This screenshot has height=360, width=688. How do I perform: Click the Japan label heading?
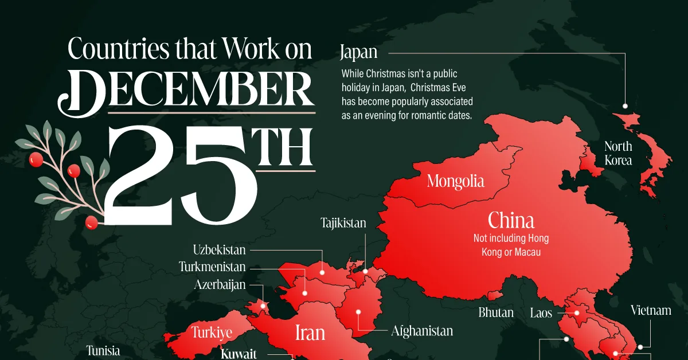coord(358,53)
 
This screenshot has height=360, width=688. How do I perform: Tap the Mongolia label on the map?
coord(456,182)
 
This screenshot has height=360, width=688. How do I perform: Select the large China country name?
coord(511,221)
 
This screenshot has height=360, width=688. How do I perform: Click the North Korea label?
coord(618,154)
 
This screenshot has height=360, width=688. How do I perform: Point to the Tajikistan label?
coord(343,223)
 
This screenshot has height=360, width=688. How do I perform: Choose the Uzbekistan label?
coord(219,250)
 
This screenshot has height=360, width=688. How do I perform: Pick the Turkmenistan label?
coord(212,267)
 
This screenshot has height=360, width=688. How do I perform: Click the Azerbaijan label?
coord(220,284)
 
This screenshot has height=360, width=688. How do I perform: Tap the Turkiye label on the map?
coord(212,332)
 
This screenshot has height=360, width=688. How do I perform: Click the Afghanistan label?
coord(422,331)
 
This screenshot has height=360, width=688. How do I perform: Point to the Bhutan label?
coord(496,313)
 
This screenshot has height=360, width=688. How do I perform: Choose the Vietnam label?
coord(651,311)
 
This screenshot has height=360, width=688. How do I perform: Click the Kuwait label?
coord(239,354)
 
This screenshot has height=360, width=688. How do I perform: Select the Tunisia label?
coord(103,350)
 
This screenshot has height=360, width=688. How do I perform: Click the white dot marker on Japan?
coord(625,106)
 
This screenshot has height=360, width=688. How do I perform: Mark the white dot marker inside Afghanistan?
coord(358,312)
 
